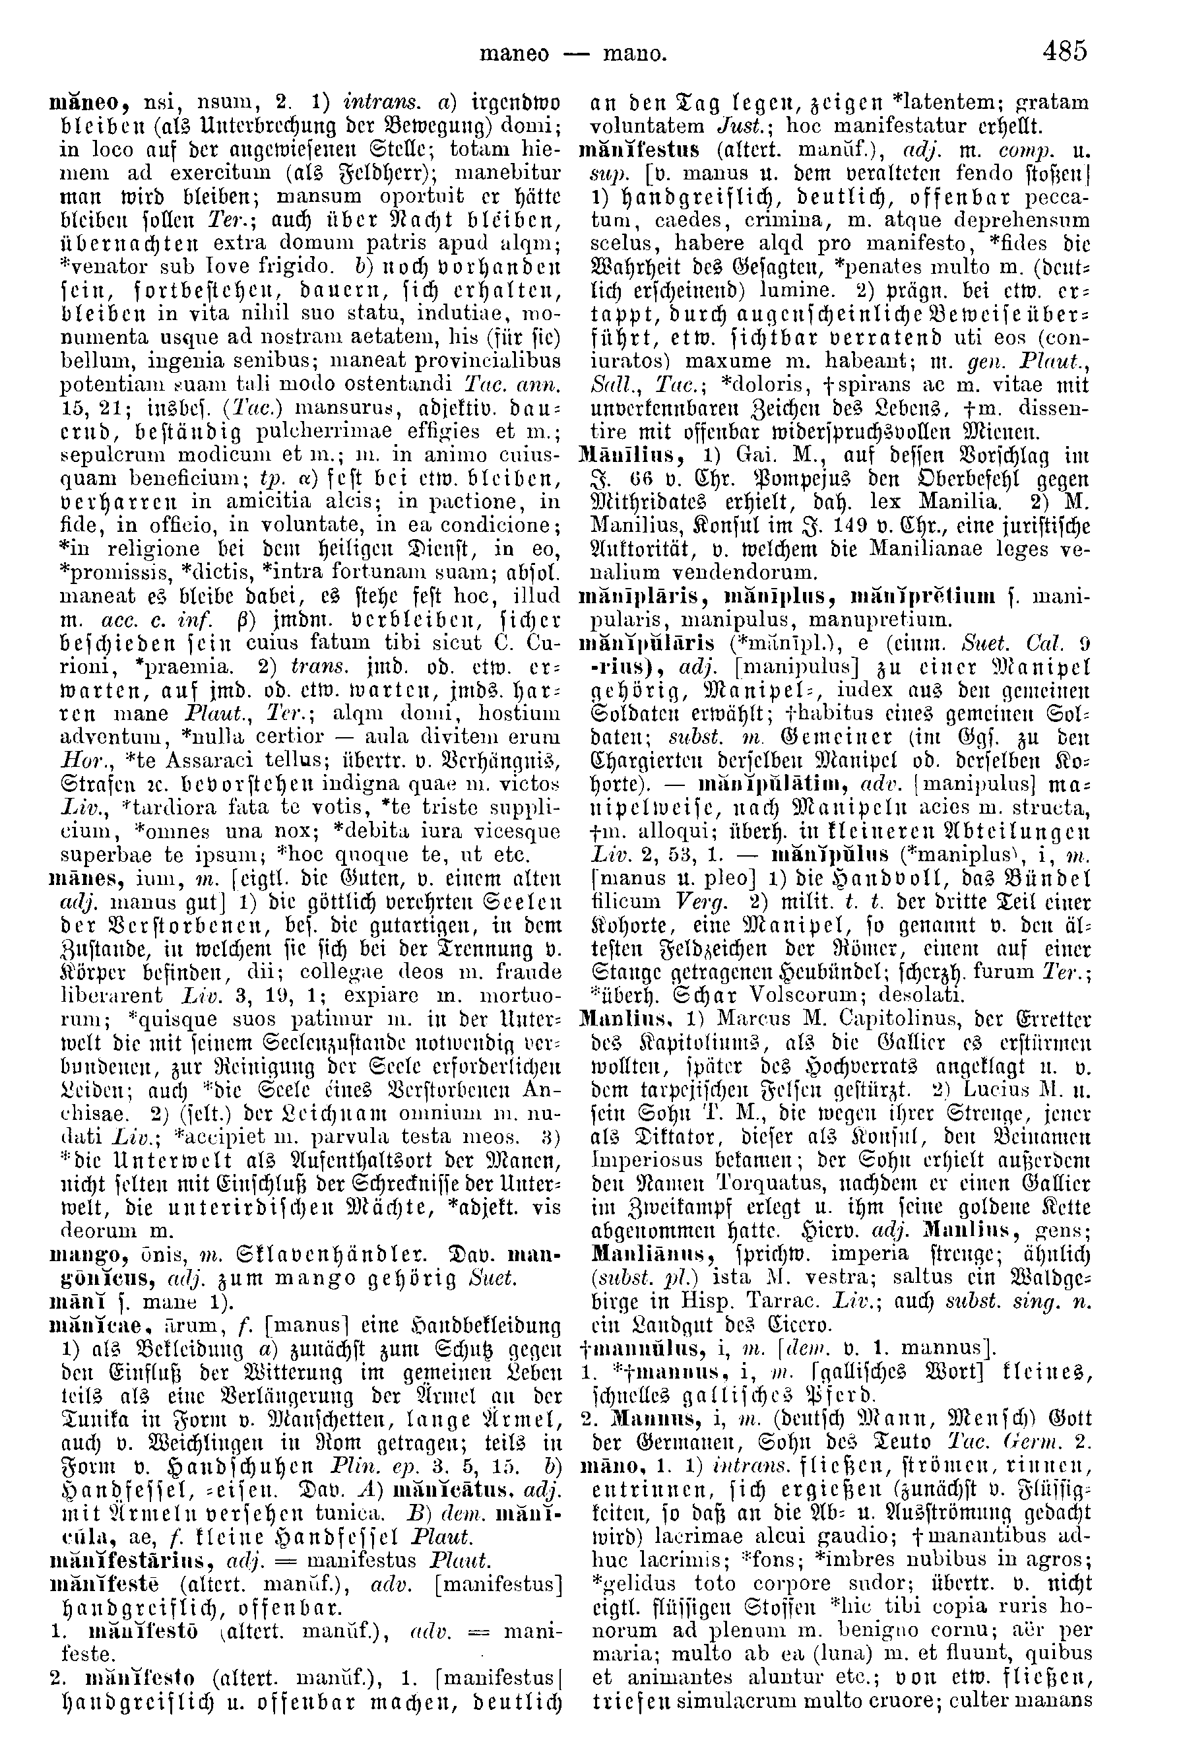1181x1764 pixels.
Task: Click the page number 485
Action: [x=1065, y=52]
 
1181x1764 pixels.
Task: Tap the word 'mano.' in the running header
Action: [x=634, y=53]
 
